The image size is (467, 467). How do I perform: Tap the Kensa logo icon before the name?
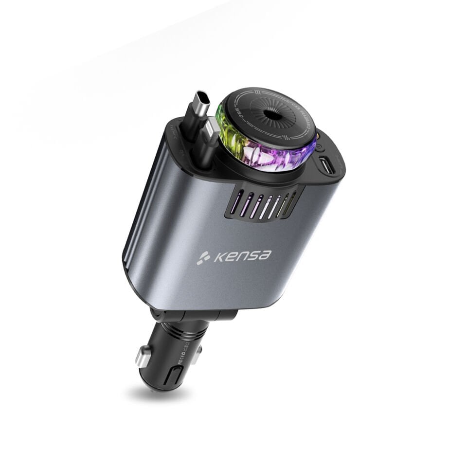click(203, 258)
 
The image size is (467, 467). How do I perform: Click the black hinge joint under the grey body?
click(195, 314)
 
